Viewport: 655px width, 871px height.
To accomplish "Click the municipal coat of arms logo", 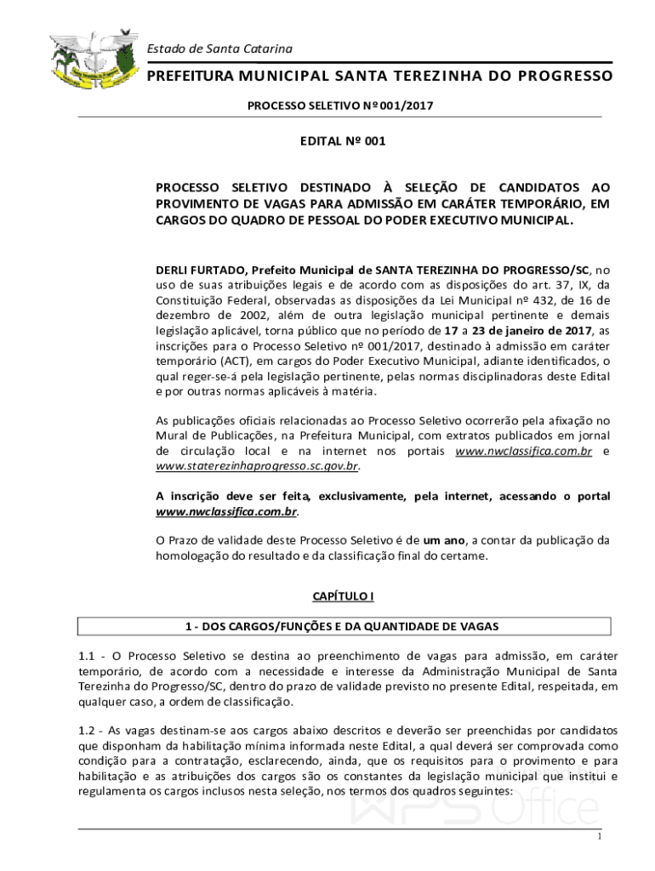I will (94, 62).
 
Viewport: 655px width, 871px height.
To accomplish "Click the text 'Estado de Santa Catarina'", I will (220, 48).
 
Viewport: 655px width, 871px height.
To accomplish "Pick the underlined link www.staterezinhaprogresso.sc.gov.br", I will (257, 466).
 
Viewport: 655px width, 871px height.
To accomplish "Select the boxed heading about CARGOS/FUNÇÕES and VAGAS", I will (344, 626).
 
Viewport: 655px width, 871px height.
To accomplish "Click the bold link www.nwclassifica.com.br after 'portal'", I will (226, 512).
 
